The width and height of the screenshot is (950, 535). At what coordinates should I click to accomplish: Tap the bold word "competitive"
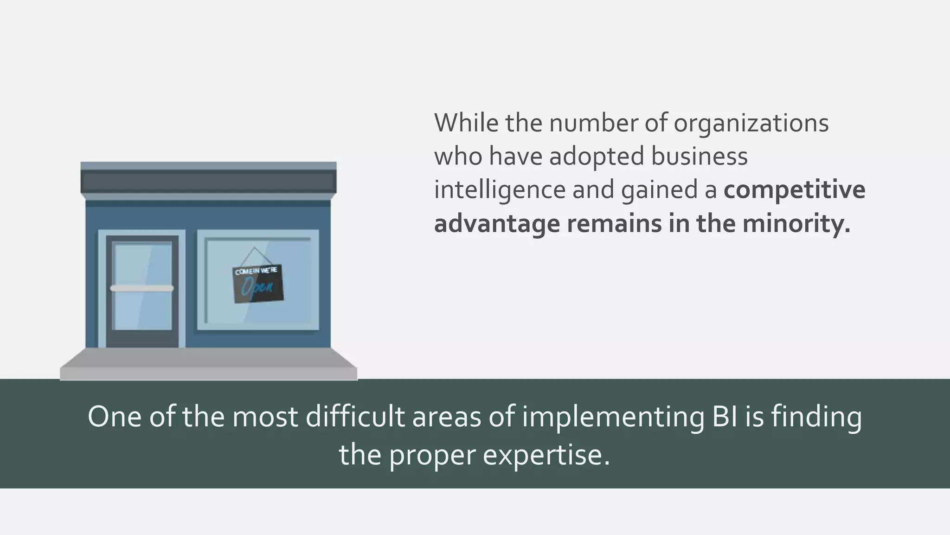point(794,190)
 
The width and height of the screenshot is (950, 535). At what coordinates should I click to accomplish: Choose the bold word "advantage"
point(497,224)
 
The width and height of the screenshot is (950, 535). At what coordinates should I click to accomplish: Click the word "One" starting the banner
point(114,417)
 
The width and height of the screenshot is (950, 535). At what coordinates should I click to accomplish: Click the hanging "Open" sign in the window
point(257,284)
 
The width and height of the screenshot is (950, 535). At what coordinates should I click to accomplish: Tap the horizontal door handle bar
point(141,288)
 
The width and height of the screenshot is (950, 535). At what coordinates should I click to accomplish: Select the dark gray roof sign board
point(208,182)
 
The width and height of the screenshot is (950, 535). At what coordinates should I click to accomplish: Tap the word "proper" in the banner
point(432,455)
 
